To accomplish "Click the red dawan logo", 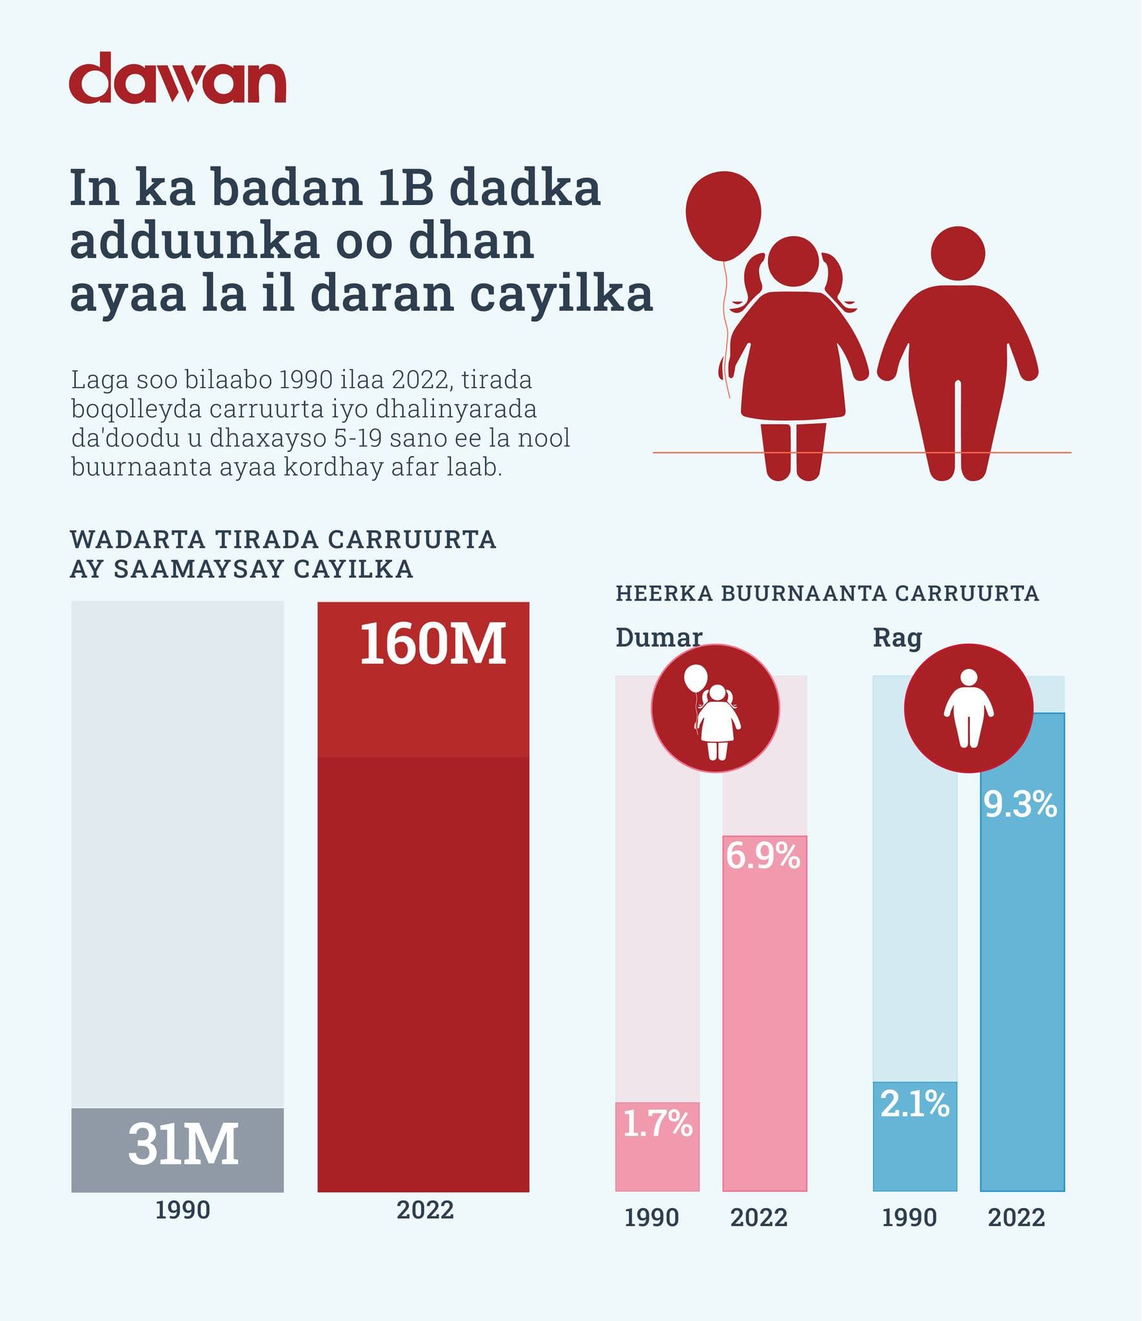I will coord(177,78).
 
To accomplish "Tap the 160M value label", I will coord(432,644).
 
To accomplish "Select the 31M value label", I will coord(183,1144).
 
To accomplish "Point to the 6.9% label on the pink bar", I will coord(763,856).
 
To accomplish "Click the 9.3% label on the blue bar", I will coord(1020,805).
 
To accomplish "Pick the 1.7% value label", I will coord(657,1123).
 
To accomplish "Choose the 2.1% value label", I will coord(914,1104).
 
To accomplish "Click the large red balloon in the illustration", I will coord(724,215).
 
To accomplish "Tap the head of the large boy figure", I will coord(958,253).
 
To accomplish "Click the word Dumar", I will coord(658,638).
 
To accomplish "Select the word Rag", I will coord(897,638).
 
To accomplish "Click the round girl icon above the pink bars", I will coord(715,708).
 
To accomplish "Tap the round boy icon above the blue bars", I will coord(969,708).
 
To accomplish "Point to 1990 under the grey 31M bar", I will coord(182,1210).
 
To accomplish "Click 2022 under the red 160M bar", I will coord(425,1210).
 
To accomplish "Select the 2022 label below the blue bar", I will coord(1016,1218).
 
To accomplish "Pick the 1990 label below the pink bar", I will coord(652,1218).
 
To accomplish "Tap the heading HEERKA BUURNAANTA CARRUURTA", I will coord(827,593).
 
